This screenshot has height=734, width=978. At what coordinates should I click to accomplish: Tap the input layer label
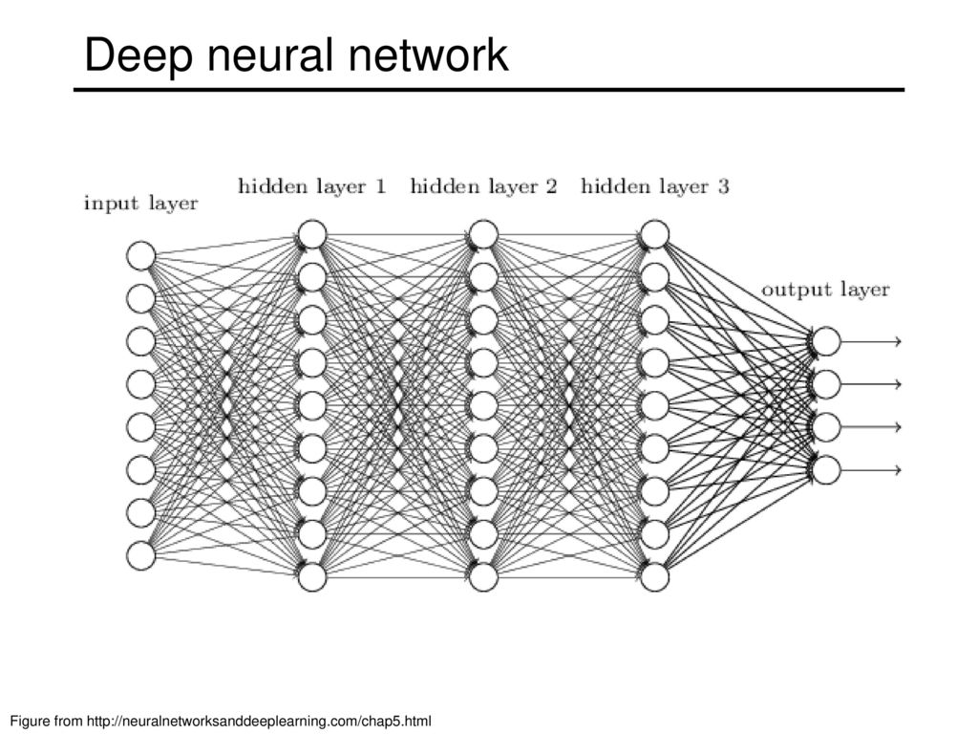141,203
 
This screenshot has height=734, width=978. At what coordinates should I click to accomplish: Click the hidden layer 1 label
312,186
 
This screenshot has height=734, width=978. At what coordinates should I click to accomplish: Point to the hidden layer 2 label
483,186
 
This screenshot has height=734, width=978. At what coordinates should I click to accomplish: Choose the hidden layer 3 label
655,186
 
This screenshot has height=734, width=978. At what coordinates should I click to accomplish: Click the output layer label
826,289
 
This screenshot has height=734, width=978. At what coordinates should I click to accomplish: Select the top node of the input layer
141,256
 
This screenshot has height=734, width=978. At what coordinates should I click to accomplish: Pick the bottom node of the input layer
141,555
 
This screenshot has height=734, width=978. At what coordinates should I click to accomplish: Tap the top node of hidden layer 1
312,235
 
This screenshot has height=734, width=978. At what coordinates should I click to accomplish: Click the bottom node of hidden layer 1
312,576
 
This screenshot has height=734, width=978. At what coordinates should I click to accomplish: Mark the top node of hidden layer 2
483,235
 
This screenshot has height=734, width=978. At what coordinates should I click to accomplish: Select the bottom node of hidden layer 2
483,576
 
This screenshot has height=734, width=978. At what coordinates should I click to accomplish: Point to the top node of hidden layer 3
655,235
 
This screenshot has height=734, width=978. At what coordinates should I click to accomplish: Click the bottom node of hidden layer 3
655,576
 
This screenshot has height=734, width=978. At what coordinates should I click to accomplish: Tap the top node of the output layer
826,341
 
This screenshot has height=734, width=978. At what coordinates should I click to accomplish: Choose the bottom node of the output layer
826,470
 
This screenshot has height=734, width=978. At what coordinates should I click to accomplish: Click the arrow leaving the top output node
871,341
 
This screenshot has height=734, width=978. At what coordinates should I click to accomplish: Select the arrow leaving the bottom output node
871,470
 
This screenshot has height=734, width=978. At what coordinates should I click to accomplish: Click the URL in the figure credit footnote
259,721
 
